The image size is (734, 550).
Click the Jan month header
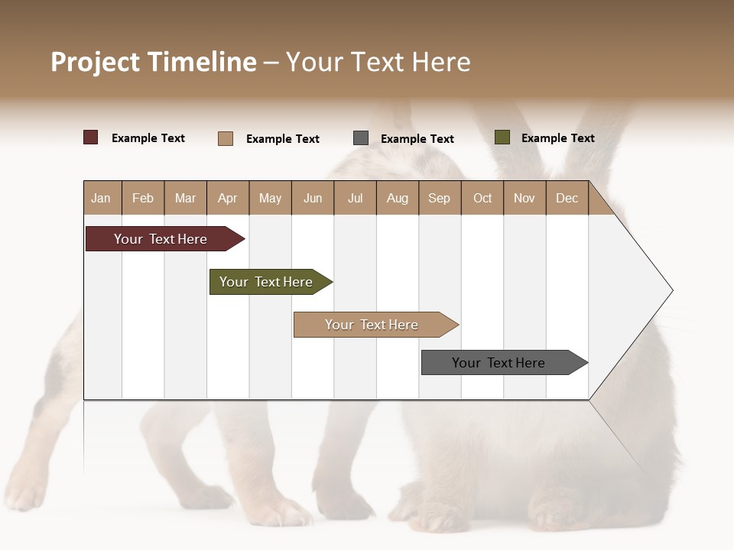point(102,198)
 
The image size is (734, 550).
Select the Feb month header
point(143,198)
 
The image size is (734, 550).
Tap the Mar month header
point(185,198)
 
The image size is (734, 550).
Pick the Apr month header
point(228,198)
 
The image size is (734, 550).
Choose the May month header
point(270,198)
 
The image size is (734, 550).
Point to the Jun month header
point(313,198)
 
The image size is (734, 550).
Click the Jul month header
point(355,198)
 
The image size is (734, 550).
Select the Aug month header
point(398,198)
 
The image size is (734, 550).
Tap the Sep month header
point(440,198)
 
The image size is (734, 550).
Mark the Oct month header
point(482,198)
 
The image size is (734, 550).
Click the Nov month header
point(525,198)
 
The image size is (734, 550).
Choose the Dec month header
point(567,198)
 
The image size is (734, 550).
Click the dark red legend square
point(91,137)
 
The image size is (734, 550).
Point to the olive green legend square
point(502,137)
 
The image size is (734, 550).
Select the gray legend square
point(361,137)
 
